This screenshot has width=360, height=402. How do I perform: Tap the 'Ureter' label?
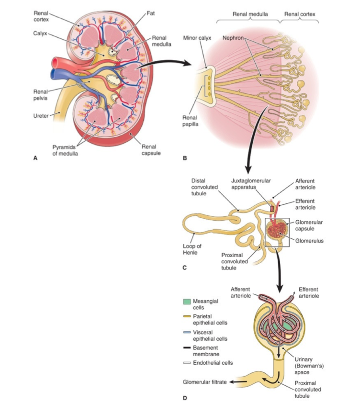pyautogui.click(x=41, y=115)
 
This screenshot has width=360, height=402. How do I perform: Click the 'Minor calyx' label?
pyautogui.click(x=195, y=37)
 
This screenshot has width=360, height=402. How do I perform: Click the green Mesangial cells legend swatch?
pyautogui.click(x=187, y=302)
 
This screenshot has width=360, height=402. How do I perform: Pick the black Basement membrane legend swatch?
pyautogui.click(x=187, y=347)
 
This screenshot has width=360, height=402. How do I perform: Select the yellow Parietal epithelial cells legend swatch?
pyautogui.click(x=187, y=317)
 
